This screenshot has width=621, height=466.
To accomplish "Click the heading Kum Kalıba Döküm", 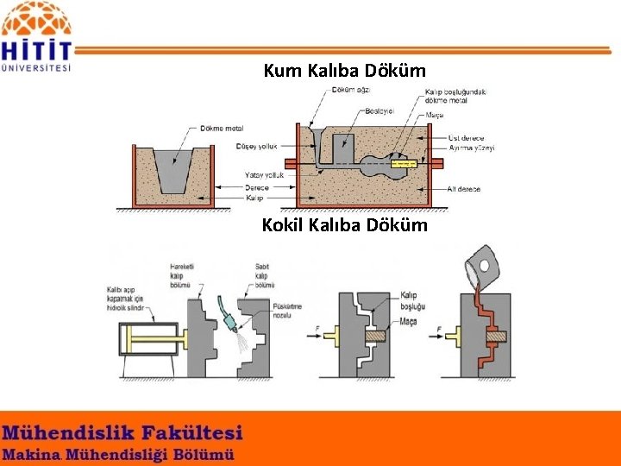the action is (x=344, y=71).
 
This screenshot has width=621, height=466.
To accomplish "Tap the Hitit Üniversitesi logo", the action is (x=37, y=36).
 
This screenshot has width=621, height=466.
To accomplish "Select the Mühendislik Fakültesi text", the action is (x=122, y=432).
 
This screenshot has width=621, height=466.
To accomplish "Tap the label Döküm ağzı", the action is (x=351, y=90).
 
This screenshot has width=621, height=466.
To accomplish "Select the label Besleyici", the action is (x=379, y=110).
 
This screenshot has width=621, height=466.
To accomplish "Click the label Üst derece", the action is (x=467, y=138).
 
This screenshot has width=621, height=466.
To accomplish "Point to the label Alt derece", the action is (x=463, y=189).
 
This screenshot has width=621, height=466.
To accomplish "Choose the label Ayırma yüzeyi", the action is (x=472, y=148).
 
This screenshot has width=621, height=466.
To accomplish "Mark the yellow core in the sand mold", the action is (x=402, y=163).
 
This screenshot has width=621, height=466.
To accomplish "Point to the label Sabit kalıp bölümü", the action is (x=264, y=275).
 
